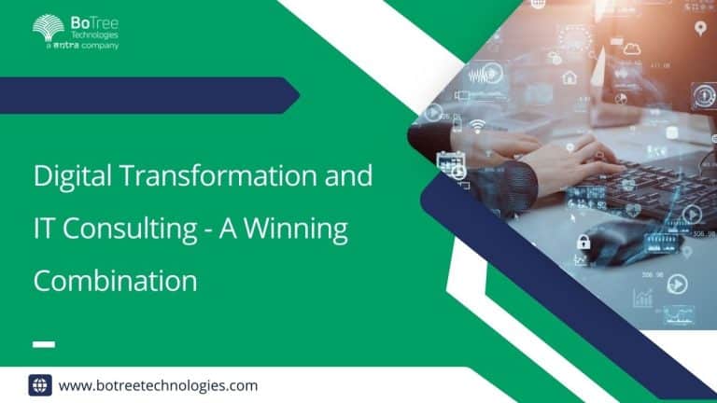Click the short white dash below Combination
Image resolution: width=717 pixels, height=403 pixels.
pyautogui.click(x=44, y=343)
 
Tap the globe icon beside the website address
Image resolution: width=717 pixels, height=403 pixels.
pyautogui.click(x=40, y=384)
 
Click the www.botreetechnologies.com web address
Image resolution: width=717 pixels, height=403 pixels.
pyautogui.click(x=158, y=384)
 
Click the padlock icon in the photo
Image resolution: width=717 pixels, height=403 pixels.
pyautogui.click(x=583, y=243)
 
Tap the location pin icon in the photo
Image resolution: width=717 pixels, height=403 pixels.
pyautogui.click(x=699, y=30)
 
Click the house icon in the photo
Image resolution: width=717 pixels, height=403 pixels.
pyautogui.click(x=569, y=78)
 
